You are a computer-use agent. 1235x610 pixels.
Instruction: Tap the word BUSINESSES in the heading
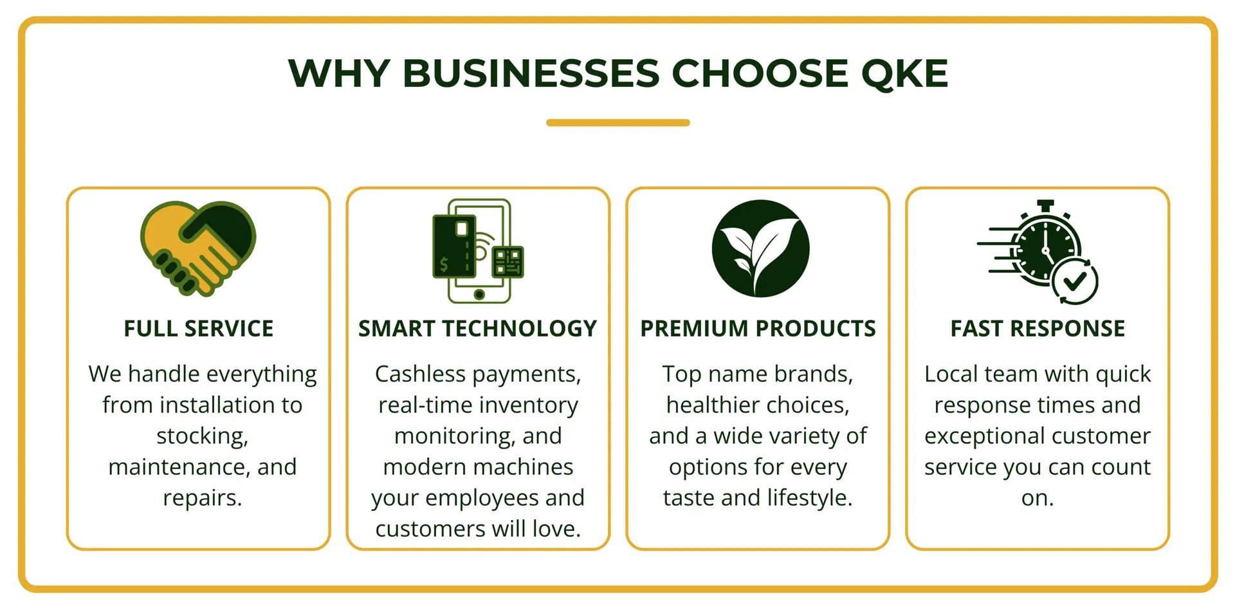coord(531,73)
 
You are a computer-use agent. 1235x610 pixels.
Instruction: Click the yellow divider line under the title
coord(617,123)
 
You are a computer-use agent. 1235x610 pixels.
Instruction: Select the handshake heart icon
coord(198,248)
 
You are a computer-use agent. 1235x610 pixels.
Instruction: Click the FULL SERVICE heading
coord(199,329)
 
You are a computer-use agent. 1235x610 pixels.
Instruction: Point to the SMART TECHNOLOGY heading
coord(478,329)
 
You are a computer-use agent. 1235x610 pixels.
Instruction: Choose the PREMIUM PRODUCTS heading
coord(758,329)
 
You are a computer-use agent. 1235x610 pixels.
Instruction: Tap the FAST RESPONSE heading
coord(1038,329)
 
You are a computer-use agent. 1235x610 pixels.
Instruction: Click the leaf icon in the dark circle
coord(761,248)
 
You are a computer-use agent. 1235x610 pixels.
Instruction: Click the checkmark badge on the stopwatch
coord(1074,281)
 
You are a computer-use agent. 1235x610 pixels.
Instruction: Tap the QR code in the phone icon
coord(508,262)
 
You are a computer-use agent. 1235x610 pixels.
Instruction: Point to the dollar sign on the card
coord(444,264)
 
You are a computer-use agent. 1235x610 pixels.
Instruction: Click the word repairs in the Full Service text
coord(203,498)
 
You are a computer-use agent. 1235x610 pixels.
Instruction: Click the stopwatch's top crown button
coord(1045,205)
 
